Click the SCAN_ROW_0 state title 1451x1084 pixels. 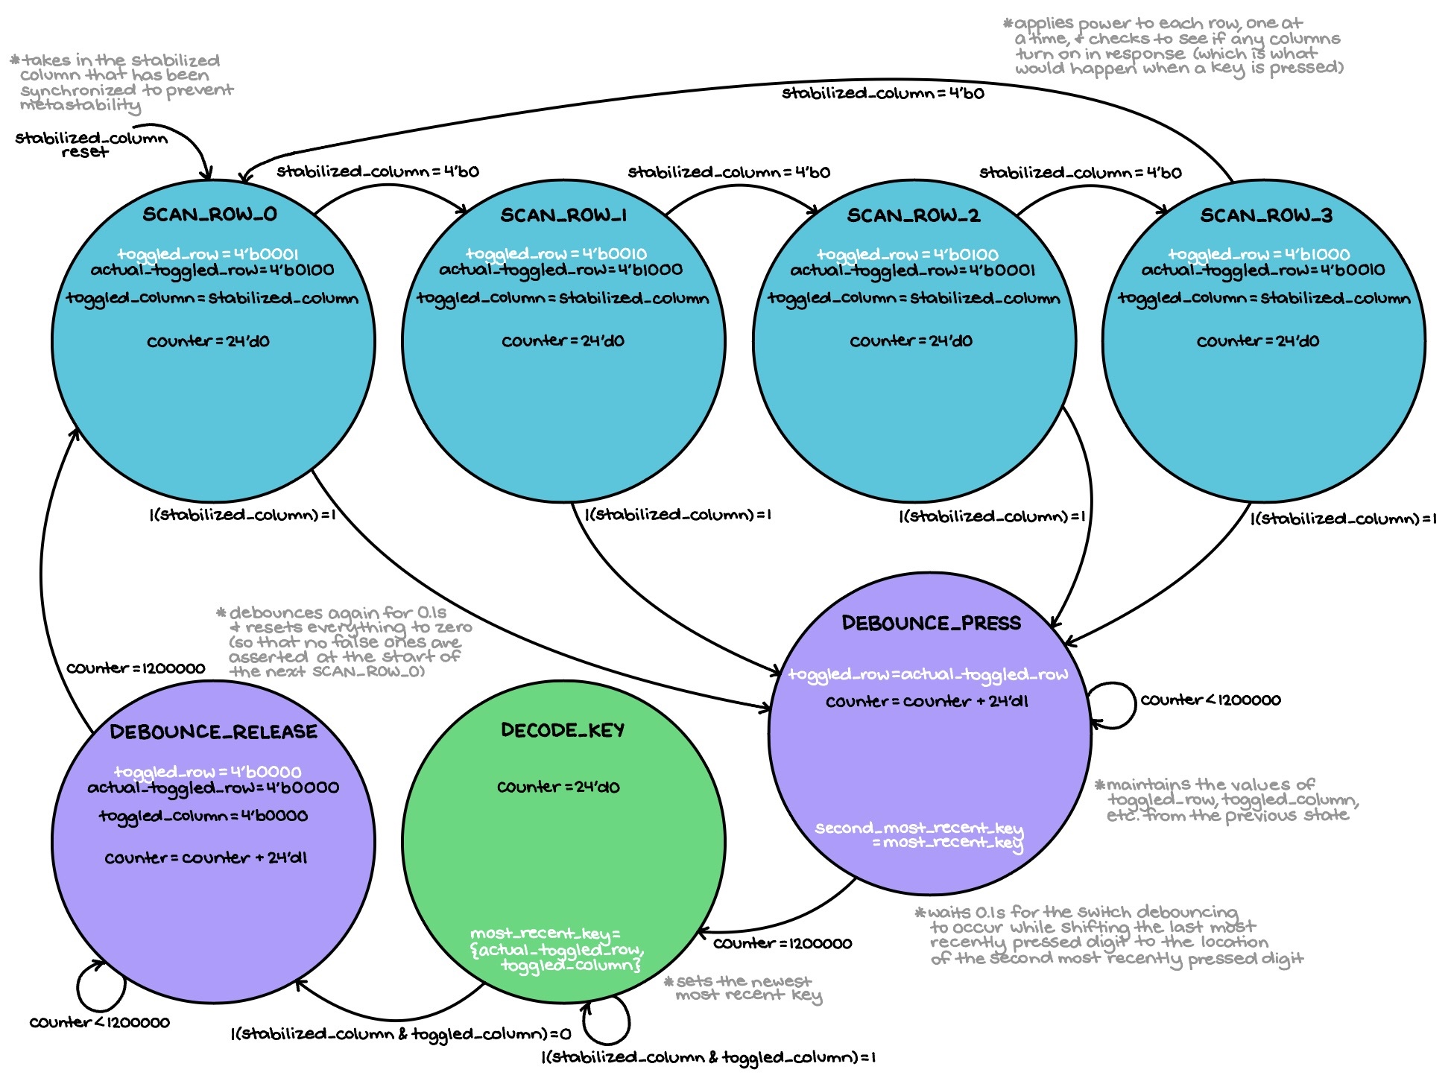(209, 215)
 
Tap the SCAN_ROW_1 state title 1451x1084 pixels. (563, 215)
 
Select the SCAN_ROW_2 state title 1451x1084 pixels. (913, 215)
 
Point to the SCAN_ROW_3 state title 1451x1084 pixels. (1265, 215)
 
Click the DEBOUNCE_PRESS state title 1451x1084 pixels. (931, 623)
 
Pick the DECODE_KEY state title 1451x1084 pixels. (563, 730)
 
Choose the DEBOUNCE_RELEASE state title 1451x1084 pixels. (213, 732)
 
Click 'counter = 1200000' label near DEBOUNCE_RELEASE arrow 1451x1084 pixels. (136, 668)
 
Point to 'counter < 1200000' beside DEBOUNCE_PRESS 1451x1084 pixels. (1210, 700)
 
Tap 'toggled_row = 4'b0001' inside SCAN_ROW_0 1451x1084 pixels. (207, 253)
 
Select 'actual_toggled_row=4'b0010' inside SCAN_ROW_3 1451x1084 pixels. (1262, 270)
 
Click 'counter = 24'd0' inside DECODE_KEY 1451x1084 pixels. (558, 787)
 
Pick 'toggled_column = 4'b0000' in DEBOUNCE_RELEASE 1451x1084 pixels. (203, 816)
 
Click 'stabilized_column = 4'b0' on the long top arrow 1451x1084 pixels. (882, 93)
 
